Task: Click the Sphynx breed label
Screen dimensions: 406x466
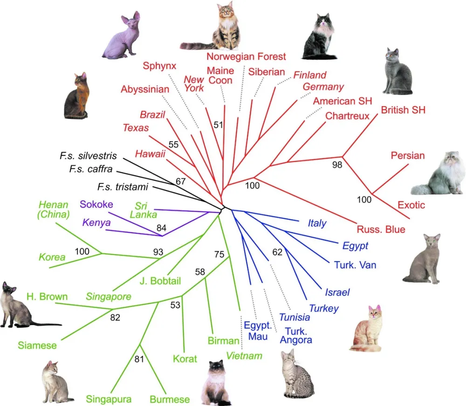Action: [159, 66]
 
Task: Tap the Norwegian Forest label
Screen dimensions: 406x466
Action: [246, 57]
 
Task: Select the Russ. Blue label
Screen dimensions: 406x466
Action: [381, 229]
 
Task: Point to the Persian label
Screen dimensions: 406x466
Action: [408, 156]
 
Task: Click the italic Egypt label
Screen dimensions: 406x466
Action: [356, 245]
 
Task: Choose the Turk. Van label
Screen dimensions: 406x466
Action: [355, 265]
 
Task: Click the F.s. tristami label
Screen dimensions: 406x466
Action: [123, 187]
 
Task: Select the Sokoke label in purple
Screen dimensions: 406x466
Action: [96, 204]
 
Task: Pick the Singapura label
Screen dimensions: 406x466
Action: [109, 399]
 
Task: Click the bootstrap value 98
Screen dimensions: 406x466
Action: [337, 164]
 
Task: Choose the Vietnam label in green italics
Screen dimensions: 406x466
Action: [244, 356]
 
